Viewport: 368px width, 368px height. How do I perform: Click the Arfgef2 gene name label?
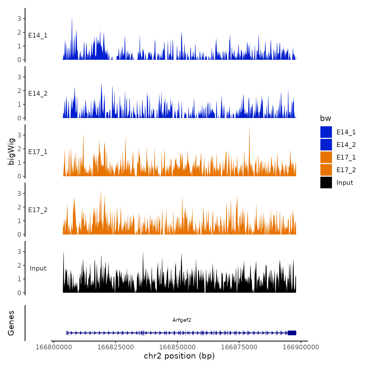[x=182, y=320]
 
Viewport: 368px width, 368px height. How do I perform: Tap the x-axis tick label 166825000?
[x=115, y=347]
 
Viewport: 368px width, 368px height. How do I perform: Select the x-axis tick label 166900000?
[x=301, y=347]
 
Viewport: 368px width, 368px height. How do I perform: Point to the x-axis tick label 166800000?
[x=54, y=347]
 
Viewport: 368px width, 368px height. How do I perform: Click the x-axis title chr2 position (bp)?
[x=179, y=356]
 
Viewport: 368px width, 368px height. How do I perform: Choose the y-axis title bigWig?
[x=11, y=151]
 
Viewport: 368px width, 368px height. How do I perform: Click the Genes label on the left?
[x=11, y=323]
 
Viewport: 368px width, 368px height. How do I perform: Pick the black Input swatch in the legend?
[x=326, y=182]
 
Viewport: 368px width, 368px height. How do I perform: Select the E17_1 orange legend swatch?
[x=326, y=157]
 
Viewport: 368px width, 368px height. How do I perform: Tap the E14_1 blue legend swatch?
[x=326, y=132]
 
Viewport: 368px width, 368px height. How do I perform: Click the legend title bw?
[x=325, y=118]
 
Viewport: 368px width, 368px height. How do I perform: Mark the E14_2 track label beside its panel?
[x=38, y=94]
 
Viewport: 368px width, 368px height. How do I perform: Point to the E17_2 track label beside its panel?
[x=38, y=210]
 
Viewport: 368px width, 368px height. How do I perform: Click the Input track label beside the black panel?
[x=38, y=268]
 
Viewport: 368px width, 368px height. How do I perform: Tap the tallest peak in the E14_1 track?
[x=72, y=19]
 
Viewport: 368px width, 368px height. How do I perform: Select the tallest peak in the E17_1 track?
[x=249, y=128]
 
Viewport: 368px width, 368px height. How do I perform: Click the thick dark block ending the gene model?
[x=292, y=333]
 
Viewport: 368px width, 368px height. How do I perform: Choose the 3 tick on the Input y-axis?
[x=19, y=252]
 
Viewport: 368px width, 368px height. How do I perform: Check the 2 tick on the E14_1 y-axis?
[x=19, y=32]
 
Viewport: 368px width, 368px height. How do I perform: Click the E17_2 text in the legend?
[x=346, y=170]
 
